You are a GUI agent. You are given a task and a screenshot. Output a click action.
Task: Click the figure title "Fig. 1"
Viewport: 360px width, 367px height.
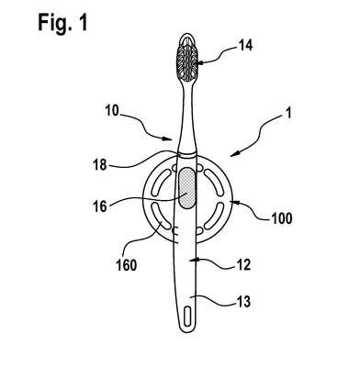click(x=62, y=23)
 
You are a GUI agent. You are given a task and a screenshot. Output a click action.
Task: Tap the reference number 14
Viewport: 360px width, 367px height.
click(x=245, y=45)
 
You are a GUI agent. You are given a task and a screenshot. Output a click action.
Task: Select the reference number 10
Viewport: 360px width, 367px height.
click(x=112, y=111)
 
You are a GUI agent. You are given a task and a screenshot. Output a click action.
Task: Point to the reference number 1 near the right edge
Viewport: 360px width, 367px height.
click(x=288, y=113)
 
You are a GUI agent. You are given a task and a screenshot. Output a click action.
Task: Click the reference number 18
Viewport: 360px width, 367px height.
click(x=100, y=165)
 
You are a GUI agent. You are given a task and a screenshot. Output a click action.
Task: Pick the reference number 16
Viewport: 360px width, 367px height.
click(x=100, y=206)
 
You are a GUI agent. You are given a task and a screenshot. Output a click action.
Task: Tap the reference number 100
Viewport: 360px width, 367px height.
click(x=282, y=218)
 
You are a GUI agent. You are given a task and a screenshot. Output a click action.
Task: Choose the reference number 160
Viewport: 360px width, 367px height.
click(x=127, y=265)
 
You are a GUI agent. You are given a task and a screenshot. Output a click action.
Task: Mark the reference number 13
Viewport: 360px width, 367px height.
click(x=243, y=302)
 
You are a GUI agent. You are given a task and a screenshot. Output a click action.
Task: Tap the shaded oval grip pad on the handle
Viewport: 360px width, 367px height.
click(x=186, y=188)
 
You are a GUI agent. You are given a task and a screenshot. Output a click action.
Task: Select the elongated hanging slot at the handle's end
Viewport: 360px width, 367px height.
click(x=187, y=317)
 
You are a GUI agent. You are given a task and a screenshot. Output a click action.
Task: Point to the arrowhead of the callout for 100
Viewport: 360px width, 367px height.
click(x=235, y=202)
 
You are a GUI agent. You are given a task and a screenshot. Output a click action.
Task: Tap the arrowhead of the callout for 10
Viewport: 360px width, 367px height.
click(x=168, y=139)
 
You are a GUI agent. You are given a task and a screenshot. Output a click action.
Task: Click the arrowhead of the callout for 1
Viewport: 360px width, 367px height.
click(x=234, y=154)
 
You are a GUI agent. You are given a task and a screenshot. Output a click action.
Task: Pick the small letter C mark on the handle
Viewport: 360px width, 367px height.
click(x=175, y=230)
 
